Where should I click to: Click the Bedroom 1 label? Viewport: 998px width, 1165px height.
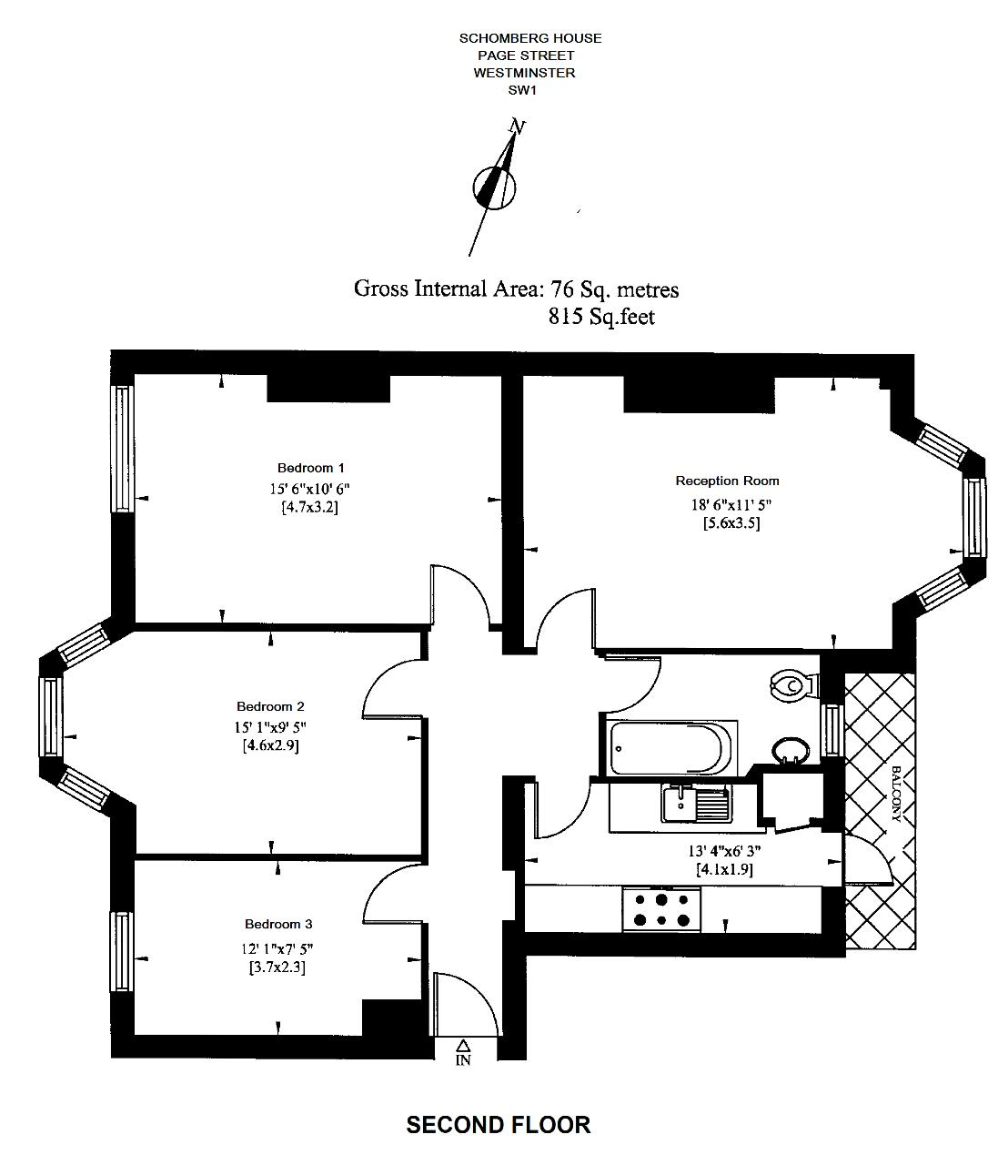pyautogui.click(x=310, y=469)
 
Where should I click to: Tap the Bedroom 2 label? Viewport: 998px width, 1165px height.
pyautogui.click(x=270, y=707)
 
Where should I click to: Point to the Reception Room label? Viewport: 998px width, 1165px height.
pyautogui.click(x=727, y=481)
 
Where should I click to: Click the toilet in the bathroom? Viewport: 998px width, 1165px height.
pyautogui.click(x=791, y=684)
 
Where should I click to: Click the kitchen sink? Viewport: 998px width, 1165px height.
pyautogui.click(x=696, y=805)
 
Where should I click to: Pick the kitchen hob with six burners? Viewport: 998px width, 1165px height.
pyautogui.click(x=662, y=909)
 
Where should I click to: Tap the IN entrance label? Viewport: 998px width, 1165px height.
pyautogui.click(x=463, y=1060)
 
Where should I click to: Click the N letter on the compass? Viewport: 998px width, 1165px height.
pyautogui.click(x=517, y=127)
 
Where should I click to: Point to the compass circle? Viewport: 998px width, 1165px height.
pyautogui.click(x=494, y=188)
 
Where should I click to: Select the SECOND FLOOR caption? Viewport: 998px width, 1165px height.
pyautogui.click(x=498, y=1126)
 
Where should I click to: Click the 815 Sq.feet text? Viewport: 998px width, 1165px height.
pyautogui.click(x=601, y=317)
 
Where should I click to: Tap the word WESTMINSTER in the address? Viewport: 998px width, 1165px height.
pyautogui.click(x=524, y=73)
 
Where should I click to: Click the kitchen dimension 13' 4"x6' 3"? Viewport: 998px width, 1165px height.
pyautogui.click(x=723, y=852)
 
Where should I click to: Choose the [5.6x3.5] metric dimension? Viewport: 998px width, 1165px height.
pyautogui.click(x=731, y=523)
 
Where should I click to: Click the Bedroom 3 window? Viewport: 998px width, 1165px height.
pyautogui.click(x=122, y=952)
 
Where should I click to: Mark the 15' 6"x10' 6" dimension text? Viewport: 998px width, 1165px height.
pyautogui.click(x=309, y=489)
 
